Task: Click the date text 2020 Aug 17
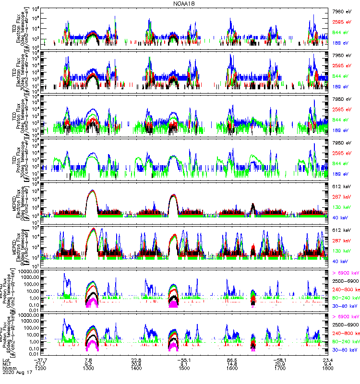click(15, 374)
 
